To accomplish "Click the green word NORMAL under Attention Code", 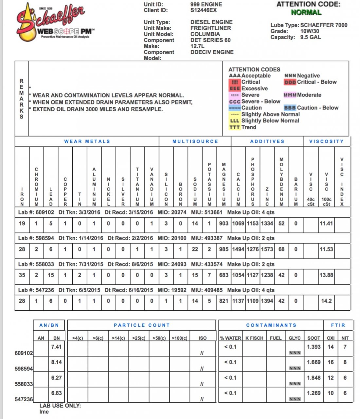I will click(x=306, y=12).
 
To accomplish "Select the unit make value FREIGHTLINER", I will click(x=210, y=28).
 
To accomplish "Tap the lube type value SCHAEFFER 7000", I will click(x=324, y=25).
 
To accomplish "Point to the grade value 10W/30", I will click(x=310, y=31).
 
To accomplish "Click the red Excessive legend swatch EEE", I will click(x=234, y=89).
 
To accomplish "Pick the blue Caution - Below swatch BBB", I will click(x=290, y=108).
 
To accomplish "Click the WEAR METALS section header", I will click(x=87, y=141).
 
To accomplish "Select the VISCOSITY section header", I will click(x=326, y=141).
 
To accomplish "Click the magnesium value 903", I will click(x=224, y=224).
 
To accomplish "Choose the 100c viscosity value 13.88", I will click(x=326, y=275).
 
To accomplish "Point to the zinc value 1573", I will click(x=267, y=249).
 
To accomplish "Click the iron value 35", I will click(x=22, y=275).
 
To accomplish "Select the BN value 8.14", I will click(x=56, y=362).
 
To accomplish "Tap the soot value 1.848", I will click(x=314, y=378).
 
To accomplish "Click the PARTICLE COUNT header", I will click(x=142, y=325).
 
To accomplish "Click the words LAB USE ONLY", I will click(x=60, y=406).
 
